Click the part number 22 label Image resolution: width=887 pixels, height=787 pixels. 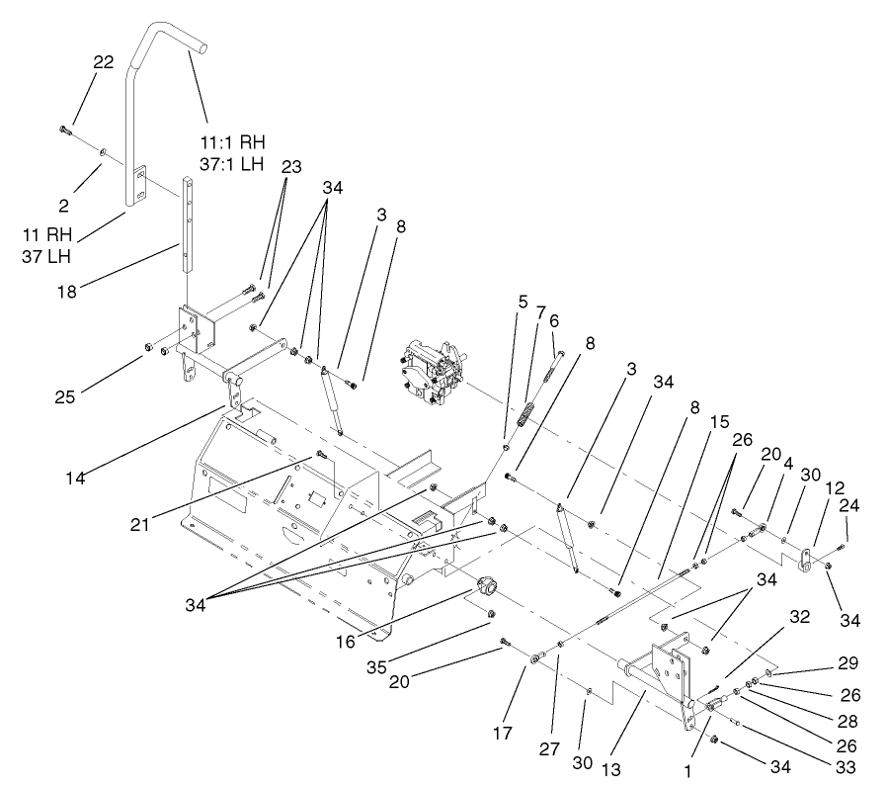point(104,61)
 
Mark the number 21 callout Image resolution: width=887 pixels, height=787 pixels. point(138,525)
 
